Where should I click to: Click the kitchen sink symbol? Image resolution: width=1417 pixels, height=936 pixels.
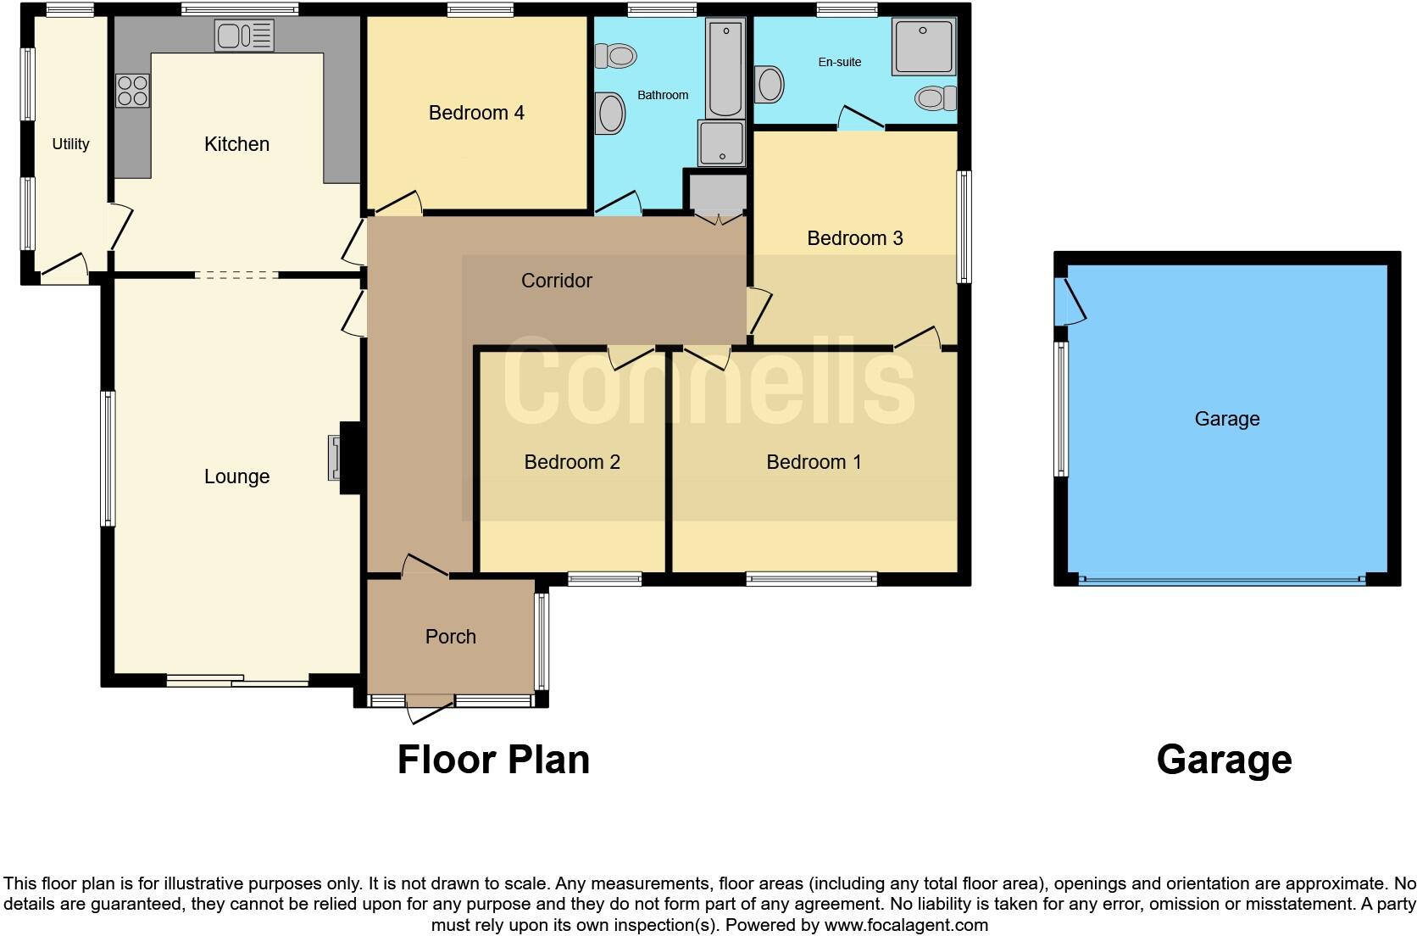point(244,36)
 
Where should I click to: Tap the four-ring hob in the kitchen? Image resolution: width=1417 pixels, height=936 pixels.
point(132,91)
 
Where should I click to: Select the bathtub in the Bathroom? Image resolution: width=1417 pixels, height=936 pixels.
point(725,70)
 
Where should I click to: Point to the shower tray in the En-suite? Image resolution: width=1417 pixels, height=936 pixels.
point(923,47)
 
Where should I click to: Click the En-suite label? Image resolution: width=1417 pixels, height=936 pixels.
point(839,62)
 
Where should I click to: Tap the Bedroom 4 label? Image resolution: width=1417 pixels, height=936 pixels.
point(476,113)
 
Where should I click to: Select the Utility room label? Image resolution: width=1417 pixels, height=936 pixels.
point(70,144)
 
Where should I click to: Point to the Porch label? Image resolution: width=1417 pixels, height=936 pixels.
point(450,637)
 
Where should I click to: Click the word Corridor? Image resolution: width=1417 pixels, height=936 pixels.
point(556,281)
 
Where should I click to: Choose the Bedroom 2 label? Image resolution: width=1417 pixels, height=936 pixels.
point(572,462)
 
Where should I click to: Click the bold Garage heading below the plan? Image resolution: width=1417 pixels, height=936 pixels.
point(1223,760)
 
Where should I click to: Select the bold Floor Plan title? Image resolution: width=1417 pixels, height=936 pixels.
point(493,760)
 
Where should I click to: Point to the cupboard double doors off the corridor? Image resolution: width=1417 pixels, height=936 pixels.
point(717,218)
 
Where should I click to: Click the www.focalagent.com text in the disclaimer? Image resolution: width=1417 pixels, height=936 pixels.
point(906,925)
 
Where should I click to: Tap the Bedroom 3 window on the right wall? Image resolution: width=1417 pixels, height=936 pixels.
point(964,226)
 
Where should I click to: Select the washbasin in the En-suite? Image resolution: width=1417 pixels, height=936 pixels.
point(770,84)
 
